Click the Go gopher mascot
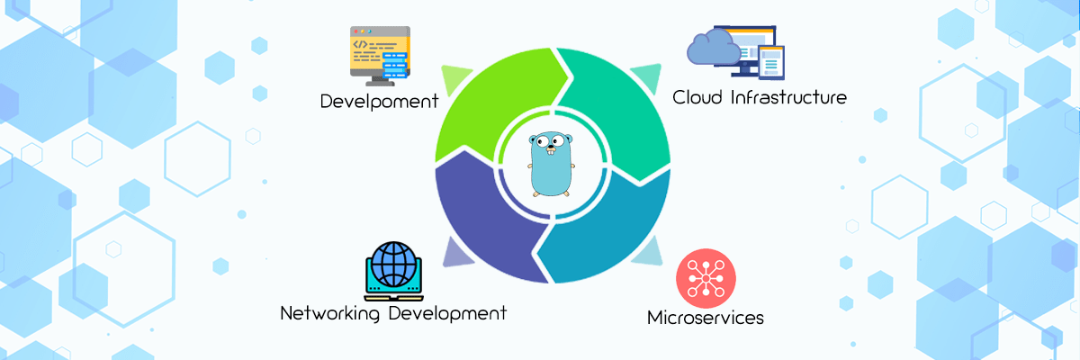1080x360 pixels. click(551, 165)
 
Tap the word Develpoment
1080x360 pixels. click(380, 102)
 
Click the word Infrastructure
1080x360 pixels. click(788, 97)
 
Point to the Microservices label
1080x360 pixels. click(706, 318)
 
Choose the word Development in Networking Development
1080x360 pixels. click(447, 313)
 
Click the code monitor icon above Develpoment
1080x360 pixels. click(380, 56)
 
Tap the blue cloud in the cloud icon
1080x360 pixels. click(714, 47)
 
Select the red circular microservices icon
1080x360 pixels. click(706, 278)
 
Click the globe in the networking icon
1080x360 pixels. click(393, 264)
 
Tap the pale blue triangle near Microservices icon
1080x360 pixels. click(649, 253)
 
